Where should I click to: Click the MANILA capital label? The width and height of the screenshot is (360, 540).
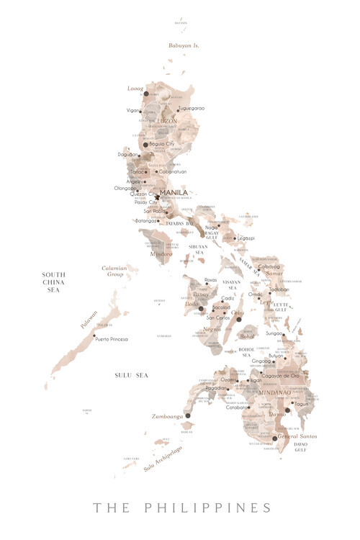(174, 192)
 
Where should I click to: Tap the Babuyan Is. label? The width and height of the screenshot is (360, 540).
(183, 45)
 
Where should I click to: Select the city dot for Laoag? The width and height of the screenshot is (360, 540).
(145, 94)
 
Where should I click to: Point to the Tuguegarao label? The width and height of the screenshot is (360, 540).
(192, 108)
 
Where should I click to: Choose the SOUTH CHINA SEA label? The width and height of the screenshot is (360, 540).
(54, 282)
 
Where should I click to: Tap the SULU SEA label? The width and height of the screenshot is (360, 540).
(131, 375)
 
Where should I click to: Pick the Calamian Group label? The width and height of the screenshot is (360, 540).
(114, 271)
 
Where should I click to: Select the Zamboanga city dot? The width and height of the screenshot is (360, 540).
(187, 415)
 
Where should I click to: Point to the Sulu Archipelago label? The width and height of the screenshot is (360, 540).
(162, 458)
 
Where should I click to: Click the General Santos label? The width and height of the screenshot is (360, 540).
(297, 436)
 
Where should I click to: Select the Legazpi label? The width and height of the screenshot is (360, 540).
(246, 238)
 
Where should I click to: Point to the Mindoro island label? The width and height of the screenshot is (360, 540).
(161, 254)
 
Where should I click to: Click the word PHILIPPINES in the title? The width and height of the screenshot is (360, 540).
(208, 508)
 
